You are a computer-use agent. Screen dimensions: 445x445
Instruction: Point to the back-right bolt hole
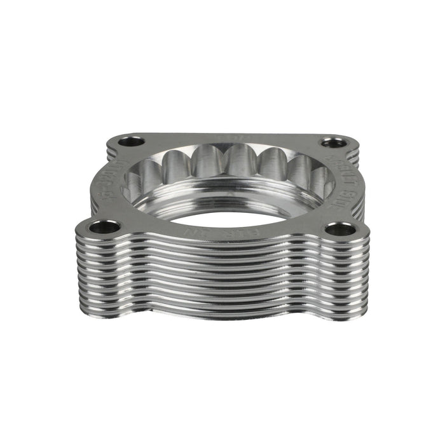(x=329, y=144)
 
